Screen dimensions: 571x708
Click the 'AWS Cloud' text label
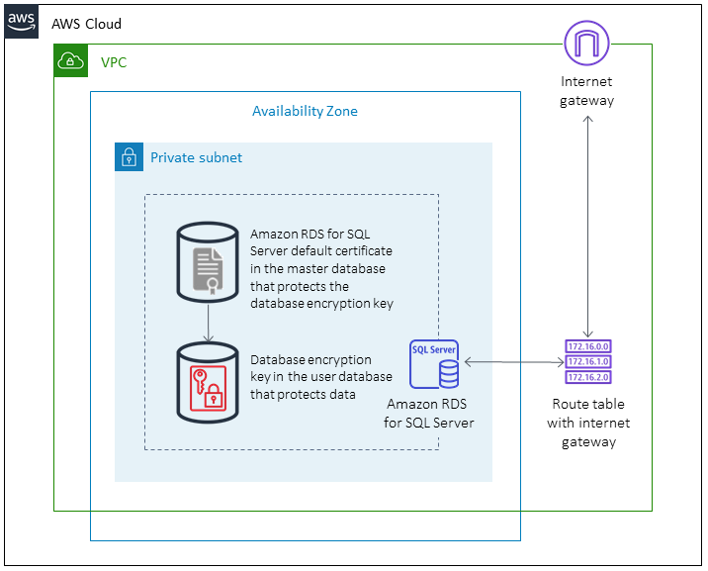(87, 23)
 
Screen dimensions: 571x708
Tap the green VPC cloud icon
(70, 61)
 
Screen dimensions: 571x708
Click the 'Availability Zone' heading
(305, 111)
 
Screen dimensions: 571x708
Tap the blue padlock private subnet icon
(129, 157)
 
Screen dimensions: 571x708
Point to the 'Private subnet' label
(196, 157)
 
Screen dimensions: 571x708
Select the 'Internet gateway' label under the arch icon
(586, 91)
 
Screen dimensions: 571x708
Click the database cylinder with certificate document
(208, 262)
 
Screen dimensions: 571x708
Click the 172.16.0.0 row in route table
(588, 346)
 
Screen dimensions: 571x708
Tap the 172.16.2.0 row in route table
(588, 377)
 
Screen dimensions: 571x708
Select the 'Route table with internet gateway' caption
(588, 423)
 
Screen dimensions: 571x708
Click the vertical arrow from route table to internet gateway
(588, 226)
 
